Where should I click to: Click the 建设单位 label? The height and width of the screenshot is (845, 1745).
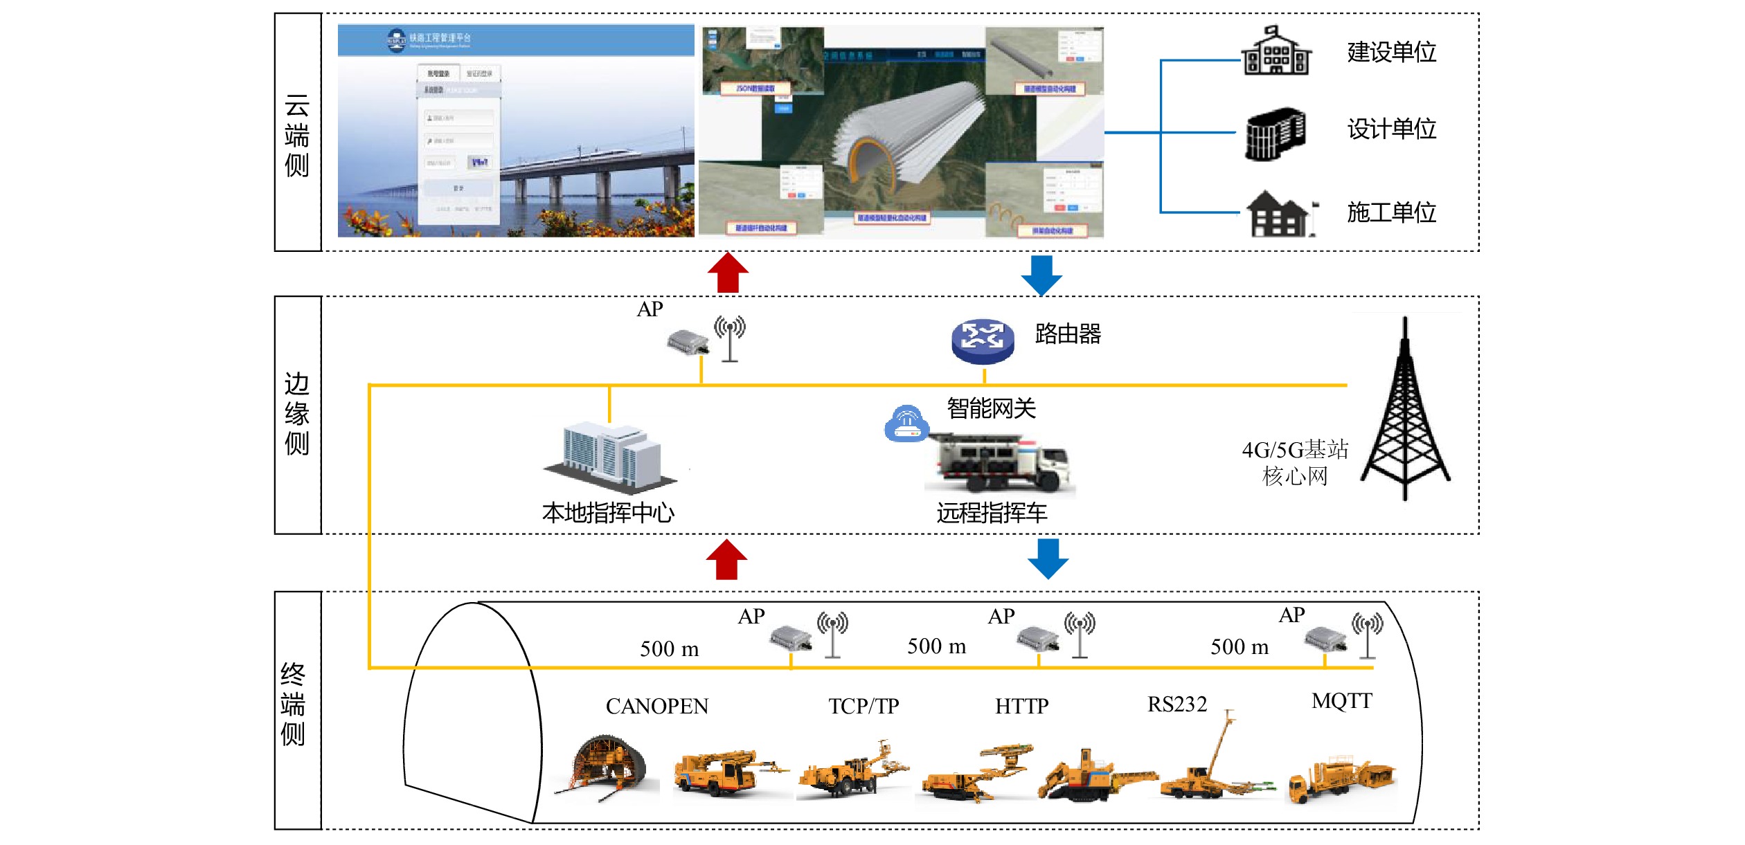(1391, 53)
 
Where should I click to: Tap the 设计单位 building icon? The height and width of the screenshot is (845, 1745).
(1275, 134)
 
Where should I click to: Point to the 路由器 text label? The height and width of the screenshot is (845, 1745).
(1067, 334)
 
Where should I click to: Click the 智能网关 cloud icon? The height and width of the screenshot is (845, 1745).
(906, 424)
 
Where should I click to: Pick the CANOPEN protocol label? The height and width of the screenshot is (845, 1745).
(656, 706)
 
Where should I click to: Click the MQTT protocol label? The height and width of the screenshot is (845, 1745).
(1341, 701)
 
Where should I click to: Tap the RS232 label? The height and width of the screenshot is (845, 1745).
(1177, 704)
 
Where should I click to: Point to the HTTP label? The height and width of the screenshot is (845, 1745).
(1021, 706)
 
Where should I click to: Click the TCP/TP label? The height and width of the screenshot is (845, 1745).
(863, 706)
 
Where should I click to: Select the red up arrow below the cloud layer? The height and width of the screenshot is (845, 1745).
(728, 273)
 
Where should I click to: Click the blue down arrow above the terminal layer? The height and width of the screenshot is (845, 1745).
(1048, 558)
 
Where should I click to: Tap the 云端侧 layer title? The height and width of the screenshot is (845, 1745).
(297, 136)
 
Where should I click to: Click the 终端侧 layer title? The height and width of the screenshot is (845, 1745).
(293, 705)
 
